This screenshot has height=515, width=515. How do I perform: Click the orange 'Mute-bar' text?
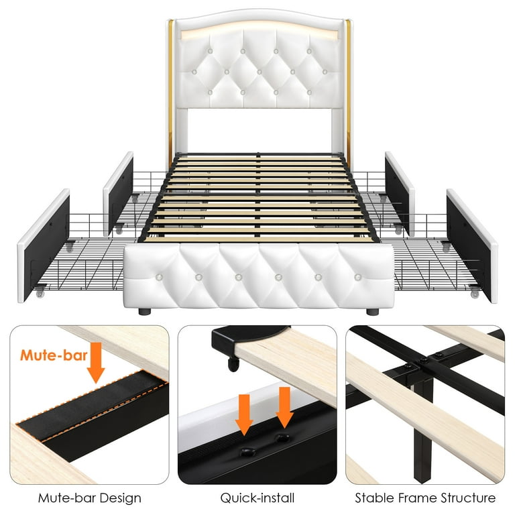pyautogui.click(x=54, y=355)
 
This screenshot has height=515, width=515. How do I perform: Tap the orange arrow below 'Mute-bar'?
pyautogui.click(x=96, y=363)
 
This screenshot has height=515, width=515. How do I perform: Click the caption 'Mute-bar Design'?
pyautogui.click(x=90, y=498)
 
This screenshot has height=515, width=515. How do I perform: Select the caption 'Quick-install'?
pyautogui.click(x=257, y=498)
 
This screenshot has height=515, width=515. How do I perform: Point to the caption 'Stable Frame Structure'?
pyautogui.click(x=425, y=498)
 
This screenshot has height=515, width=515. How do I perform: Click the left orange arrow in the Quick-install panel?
pyautogui.click(x=244, y=415)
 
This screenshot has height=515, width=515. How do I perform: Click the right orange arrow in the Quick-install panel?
pyautogui.click(x=284, y=407)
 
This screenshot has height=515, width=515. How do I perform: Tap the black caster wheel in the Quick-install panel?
pyautogui.click(x=233, y=365)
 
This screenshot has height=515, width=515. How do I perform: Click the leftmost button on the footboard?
pyautogui.click(x=160, y=276)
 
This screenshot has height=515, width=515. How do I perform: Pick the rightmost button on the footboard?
pyautogui.click(x=358, y=278)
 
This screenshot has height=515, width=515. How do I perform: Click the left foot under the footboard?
pyautogui.click(x=145, y=311)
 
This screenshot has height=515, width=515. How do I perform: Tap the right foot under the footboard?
pyautogui.click(x=372, y=311)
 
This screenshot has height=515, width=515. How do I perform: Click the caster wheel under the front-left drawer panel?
pyautogui.click(x=40, y=293)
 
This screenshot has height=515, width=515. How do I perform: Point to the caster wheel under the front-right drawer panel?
pyautogui.click(x=475, y=293)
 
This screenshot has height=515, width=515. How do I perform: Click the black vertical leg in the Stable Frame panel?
pyautogui.click(x=423, y=427)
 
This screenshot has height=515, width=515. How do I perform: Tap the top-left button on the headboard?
pyautogui.click(x=210, y=51)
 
